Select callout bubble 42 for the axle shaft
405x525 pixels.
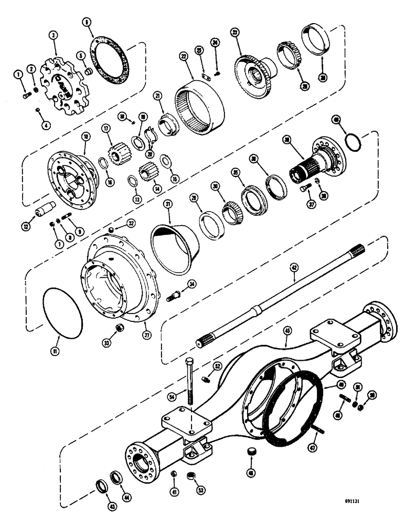point(294,268)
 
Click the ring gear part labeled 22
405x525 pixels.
point(204,104)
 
